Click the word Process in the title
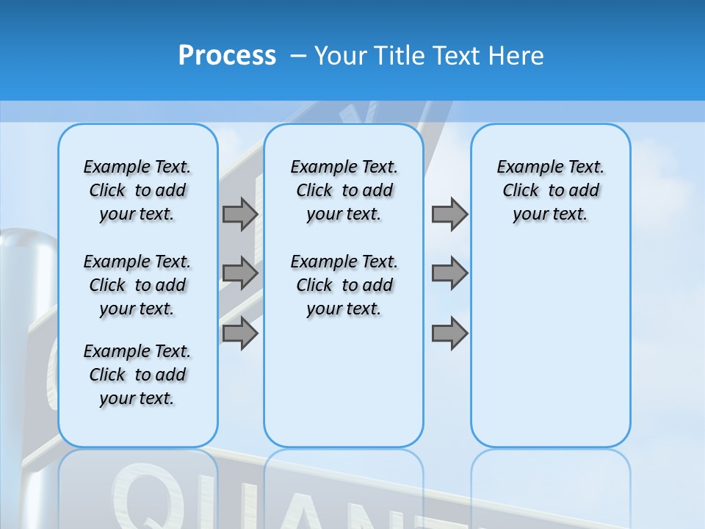point(227,55)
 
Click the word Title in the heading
point(401,56)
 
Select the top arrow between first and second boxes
point(240,214)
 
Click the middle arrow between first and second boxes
point(240,273)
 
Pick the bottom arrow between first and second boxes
point(240,334)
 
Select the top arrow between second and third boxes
point(449,214)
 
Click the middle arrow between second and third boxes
point(449,273)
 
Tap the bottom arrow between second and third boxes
point(449,334)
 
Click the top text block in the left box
point(137,190)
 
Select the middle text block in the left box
point(137,285)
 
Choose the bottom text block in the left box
point(137,375)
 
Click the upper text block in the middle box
point(344,190)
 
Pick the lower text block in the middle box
point(344,285)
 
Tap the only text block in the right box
point(550,190)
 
